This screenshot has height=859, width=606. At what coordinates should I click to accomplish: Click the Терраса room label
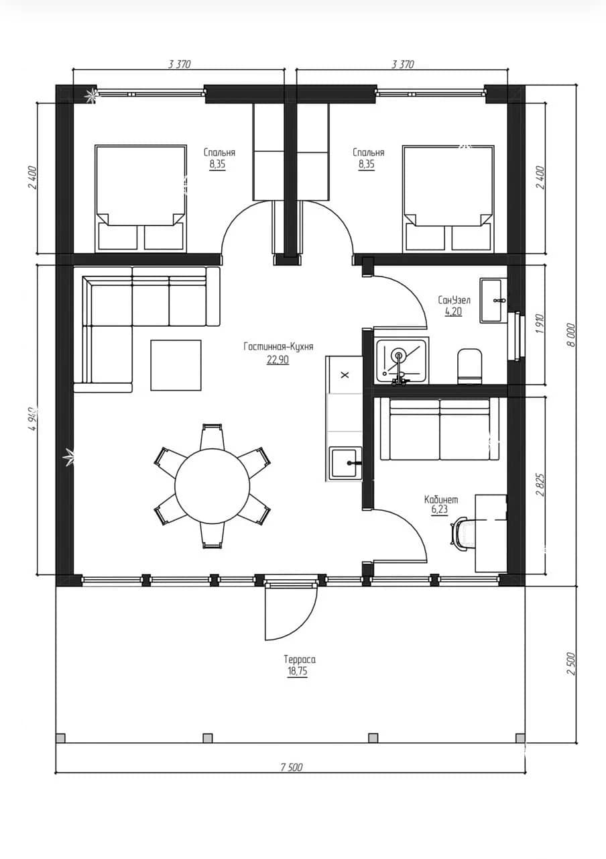click(300, 660)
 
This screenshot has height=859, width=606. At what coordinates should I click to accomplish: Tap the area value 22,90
click(278, 360)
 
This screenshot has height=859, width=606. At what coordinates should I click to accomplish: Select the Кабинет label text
click(441, 500)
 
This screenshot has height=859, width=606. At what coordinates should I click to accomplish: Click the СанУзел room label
click(454, 300)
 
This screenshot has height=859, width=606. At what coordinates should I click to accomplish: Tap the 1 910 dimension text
click(540, 323)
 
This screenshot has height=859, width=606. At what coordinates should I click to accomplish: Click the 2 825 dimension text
click(540, 485)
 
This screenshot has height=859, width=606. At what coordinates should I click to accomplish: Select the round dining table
click(213, 486)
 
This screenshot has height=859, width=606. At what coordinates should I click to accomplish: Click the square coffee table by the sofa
click(176, 365)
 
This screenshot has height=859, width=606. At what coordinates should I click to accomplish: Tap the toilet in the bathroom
click(470, 366)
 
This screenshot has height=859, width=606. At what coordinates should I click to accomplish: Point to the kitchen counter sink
click(347, 463)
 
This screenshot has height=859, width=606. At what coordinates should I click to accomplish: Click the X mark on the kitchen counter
click(345, 374)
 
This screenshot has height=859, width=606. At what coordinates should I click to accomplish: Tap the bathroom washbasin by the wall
click(493, 300)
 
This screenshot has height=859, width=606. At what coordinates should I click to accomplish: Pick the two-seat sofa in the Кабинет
click(439, 429)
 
